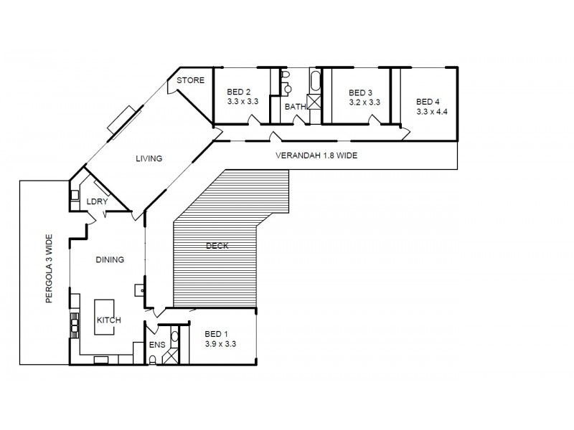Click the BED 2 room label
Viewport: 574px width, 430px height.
[x=238, y=92]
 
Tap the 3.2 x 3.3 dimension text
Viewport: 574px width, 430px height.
[x=364, y=102]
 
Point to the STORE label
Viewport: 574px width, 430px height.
[x=191, y=80]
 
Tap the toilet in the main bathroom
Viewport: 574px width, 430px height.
[x=285, y=75]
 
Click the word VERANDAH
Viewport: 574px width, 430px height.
[x=297, y=156]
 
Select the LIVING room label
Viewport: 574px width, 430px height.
[x=149, y=158]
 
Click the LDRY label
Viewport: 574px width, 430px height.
[x=97, y=202]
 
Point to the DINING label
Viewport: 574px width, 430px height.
[x=110, y=260]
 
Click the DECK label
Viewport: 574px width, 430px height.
[x=217, y=246]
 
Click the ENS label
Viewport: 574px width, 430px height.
[x=157, y=345]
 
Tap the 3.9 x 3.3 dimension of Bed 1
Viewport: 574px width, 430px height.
[x=220, y=344]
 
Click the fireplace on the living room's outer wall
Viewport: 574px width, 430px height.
[x=121, y=119]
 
